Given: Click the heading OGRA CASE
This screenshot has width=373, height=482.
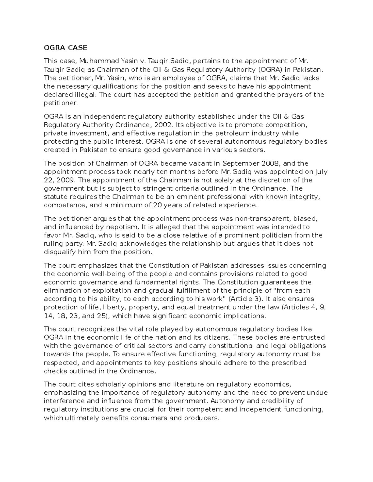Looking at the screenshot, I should [66, 48].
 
